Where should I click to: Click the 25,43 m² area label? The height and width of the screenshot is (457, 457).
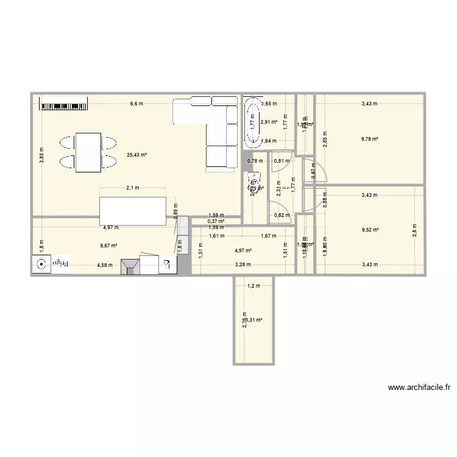[x=136, y=155]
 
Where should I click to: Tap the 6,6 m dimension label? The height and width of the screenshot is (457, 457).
[x=136, y=104]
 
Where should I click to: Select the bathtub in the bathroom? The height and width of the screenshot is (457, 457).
[x=251, y=123]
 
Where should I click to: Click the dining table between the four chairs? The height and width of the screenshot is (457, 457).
[x=88, y=152]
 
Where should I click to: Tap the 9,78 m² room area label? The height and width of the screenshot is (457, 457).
[x=370, y=139]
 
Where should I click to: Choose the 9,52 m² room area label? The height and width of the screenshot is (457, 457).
[x=370, y=230]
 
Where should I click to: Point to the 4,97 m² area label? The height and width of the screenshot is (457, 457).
[x=244, y=250]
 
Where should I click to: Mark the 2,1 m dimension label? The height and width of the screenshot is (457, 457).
[x=133, y=188]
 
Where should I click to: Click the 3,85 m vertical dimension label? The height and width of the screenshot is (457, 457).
[x=41, y=156]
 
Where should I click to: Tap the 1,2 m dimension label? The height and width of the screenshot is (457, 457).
[x=253, y=286]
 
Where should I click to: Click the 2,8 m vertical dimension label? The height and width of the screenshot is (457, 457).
[x=415, y=231]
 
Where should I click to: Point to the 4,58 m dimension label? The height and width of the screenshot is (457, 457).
[x=105, y=264]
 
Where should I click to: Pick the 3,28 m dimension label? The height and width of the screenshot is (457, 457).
[x=244, y=264]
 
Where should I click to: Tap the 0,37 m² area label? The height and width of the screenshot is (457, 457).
[x=216, y=221]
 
